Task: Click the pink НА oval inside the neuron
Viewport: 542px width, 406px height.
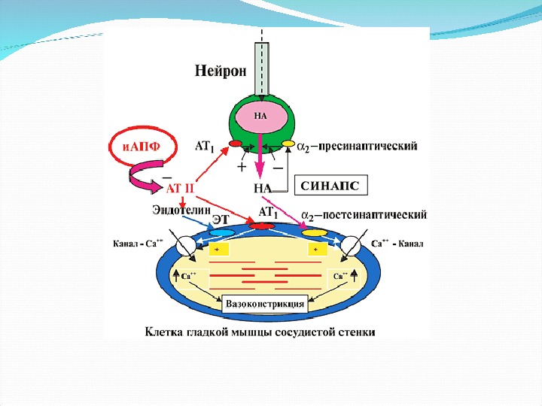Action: pyautogui.click(x=261, y=116)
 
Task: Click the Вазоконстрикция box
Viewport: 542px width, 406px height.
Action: pyautogui.click(x=266, y=304)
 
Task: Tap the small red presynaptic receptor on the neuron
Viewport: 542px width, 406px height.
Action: pyautogui.click(x=235, y=144)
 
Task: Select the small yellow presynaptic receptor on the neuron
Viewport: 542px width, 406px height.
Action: pyautogui.click(x=288, y=143)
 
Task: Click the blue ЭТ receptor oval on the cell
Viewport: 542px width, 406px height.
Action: pyautogui.click(x=221, y=232)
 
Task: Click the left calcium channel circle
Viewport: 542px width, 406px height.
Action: pyautogui.click(x=185, y=246)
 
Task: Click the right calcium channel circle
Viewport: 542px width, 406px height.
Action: pyautogui.click(x=351, y=246)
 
